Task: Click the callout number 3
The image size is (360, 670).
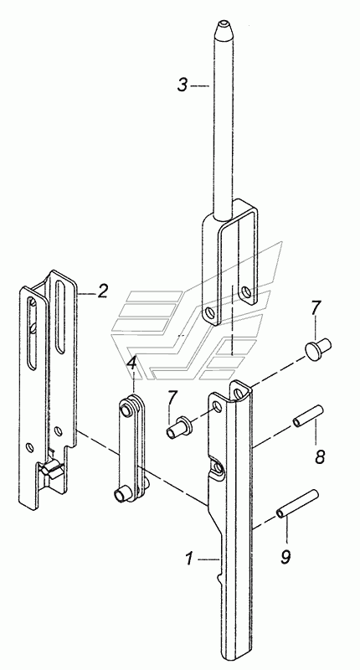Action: (183, 85)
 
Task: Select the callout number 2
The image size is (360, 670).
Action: (102, 291)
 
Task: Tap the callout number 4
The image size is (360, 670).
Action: (132, 364)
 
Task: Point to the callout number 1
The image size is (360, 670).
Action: (190, 559)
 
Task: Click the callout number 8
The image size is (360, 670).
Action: (320, 456)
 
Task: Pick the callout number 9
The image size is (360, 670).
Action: (285, 556)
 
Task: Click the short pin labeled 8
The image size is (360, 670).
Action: (308, 415)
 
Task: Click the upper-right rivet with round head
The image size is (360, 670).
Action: (316, 347)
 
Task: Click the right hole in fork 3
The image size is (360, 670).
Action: (246, 292)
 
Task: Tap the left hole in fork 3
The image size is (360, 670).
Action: (209, 313)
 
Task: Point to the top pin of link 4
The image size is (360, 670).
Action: (126, 410)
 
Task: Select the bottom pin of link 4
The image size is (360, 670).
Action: (121, 495)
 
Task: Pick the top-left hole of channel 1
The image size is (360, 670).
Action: (218, 406)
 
